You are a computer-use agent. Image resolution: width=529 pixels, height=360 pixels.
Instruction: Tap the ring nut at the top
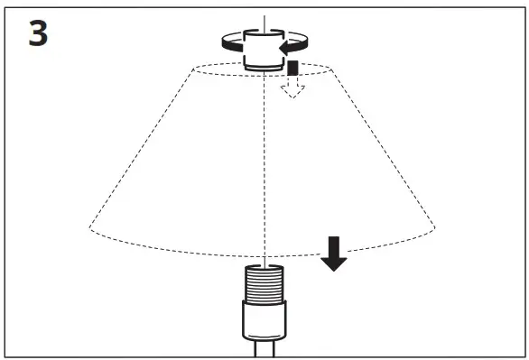pos(263,50)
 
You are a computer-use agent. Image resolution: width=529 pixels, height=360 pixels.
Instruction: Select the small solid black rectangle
pos(292,68)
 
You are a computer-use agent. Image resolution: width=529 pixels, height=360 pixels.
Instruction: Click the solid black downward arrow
pos(335,254)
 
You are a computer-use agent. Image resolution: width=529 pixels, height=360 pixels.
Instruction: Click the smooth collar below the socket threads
pos(263,318)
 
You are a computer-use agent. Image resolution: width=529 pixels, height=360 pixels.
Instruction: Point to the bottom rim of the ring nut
pos(263,67)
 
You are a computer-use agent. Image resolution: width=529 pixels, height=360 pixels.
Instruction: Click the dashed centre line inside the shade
pos(263,162)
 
